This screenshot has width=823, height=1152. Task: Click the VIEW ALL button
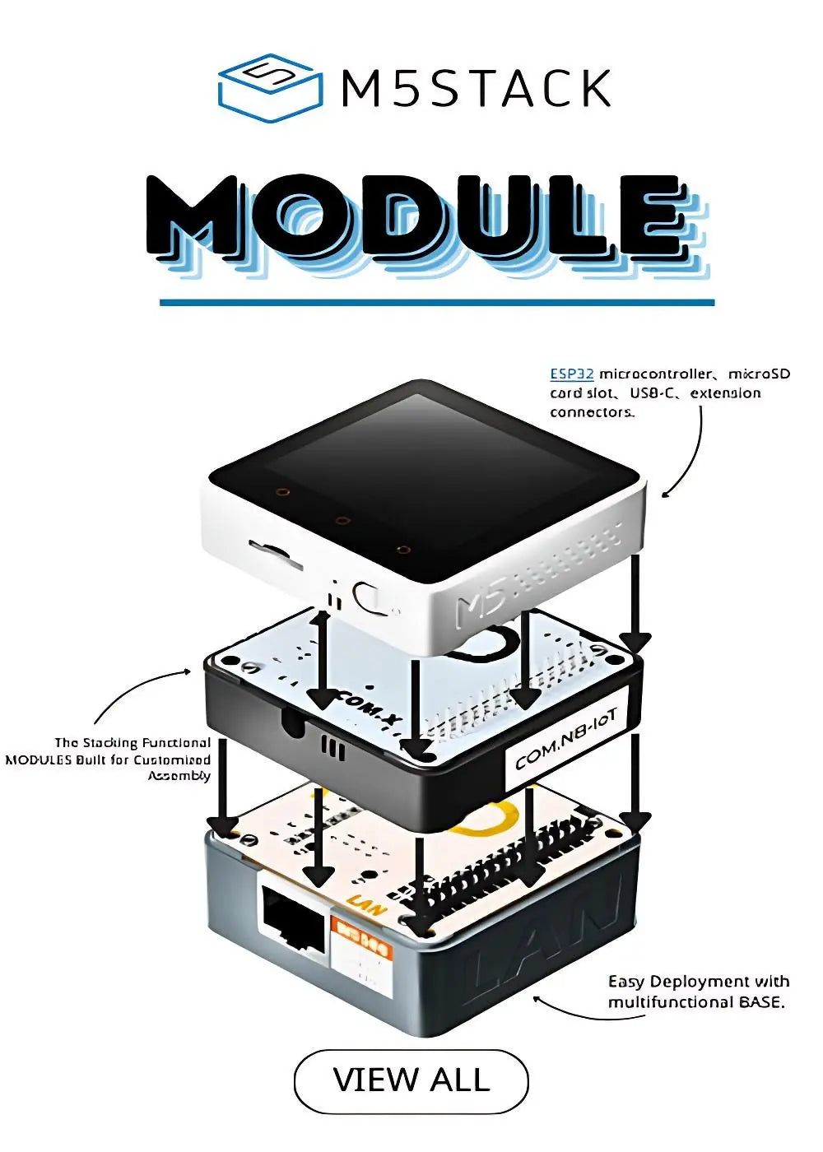[x=411, y=1080]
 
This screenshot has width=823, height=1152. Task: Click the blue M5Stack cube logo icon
[x=269, y=88]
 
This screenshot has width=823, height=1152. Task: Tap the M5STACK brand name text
[x=477, y=89]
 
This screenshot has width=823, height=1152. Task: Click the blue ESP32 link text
[x=572, y=374]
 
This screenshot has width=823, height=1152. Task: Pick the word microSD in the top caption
[x=759, y=374]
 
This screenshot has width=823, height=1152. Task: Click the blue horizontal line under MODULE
[x=437, y=303]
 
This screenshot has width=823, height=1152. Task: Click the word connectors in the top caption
[x=592, y=412]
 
